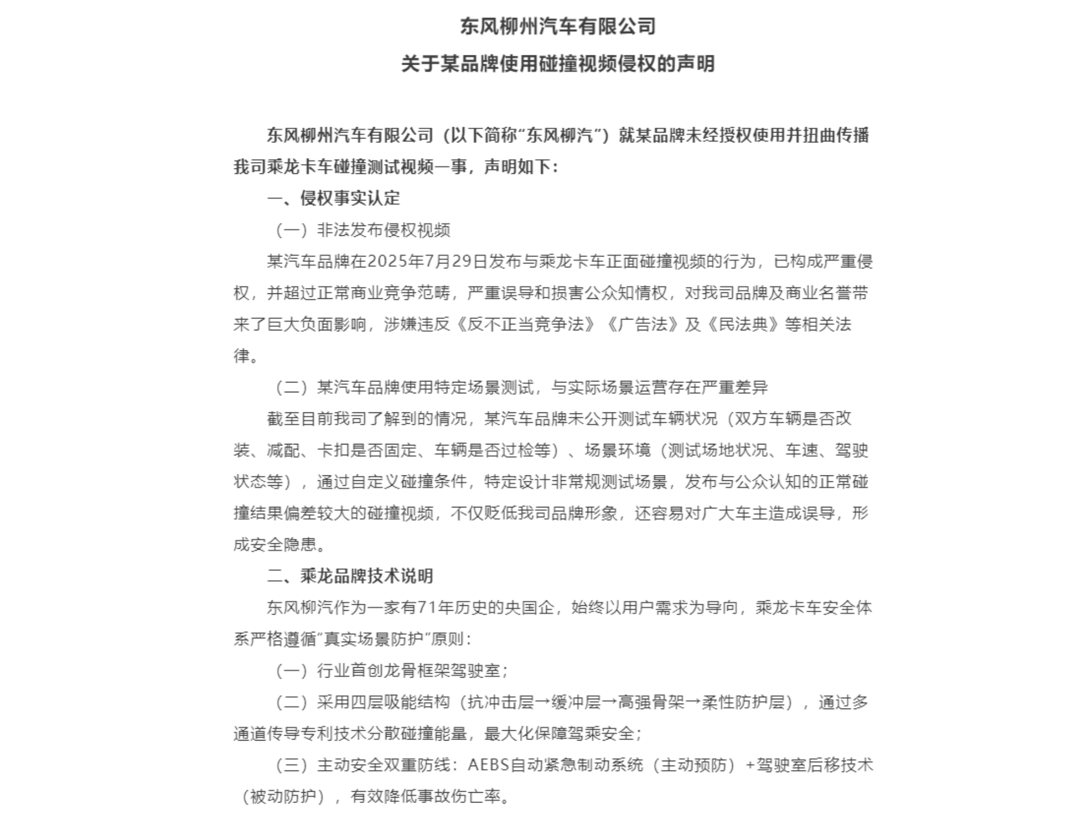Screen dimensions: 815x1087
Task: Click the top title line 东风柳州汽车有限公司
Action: click(558, 26)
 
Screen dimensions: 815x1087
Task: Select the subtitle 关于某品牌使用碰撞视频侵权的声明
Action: click(558, 64)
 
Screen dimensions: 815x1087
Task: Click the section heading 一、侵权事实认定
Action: click(334, 198)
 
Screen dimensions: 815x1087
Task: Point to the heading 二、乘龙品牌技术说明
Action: click(350, 576)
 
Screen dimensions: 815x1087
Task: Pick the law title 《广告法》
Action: click(642, 325)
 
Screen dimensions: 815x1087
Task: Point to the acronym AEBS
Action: click(488, 765)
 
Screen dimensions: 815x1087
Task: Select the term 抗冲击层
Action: click(501, 702)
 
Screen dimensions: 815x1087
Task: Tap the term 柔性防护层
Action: click(743, 702)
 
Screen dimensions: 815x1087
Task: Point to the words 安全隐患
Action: click(291, 544)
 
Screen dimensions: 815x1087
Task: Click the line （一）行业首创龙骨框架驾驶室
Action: click(391, 670)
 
